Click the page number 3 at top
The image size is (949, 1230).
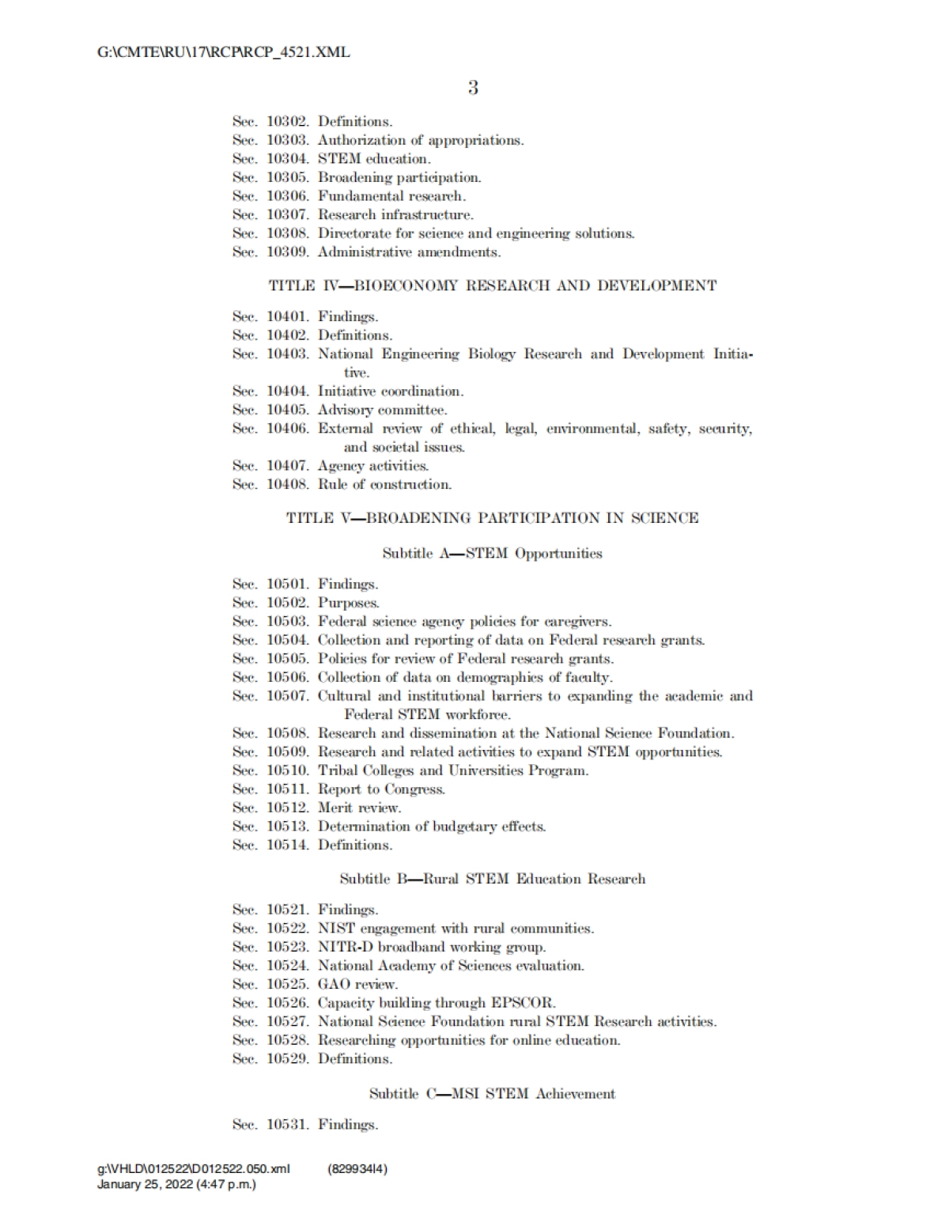tap(473, 88)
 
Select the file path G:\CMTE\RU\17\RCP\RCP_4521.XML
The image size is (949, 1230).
tap(224, 53)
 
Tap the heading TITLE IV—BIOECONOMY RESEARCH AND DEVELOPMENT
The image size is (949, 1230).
tap(493, 286)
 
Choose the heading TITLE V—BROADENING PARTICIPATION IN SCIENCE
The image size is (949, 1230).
tap(493, 518)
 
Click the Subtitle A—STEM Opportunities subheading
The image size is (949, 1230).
tap(493, 554)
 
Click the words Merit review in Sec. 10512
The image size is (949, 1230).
tap(359, 808)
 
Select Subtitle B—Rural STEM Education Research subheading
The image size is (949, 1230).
tap(493, 879)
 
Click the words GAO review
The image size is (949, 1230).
tap(357, 985)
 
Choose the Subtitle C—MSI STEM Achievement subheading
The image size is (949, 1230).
tap(493, 1094)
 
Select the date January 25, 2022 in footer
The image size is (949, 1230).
tap(144, 1185)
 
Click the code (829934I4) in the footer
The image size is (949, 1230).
tap(357, 1169)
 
